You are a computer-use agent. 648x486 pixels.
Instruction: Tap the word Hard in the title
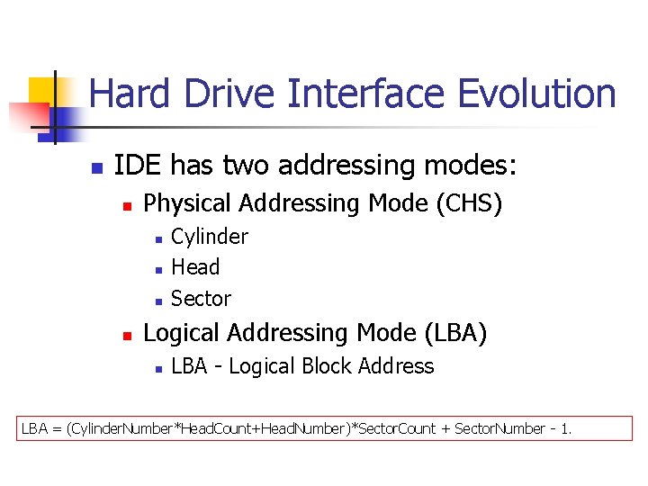[125, 94]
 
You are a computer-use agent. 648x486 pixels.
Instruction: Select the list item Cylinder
[209, 237]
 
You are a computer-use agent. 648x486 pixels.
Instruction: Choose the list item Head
[195, 267]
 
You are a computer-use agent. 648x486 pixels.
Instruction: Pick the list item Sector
[201, 299]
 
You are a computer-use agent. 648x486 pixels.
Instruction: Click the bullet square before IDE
[97, 168]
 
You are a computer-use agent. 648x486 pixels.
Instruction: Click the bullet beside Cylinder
[157, 239]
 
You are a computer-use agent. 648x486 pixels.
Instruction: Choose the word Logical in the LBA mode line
[182, 333]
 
